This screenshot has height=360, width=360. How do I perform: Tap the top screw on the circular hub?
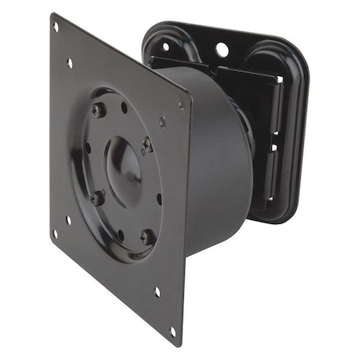coord(98,110)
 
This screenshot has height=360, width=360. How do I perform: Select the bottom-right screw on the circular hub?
coord(146,237)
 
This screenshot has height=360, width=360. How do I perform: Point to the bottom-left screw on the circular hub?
coord(98,197)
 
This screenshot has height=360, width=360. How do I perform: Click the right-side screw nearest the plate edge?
coord(146,146)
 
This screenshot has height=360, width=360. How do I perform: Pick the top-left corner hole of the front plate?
coord(55,26)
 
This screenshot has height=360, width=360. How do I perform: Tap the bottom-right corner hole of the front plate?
coord(172,330)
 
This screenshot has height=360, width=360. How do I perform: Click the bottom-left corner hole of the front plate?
coord(54,234)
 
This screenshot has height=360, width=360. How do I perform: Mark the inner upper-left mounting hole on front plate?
coord(70,62)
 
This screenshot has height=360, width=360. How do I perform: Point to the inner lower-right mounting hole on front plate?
coord(157,292)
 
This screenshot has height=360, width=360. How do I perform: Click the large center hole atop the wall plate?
coord(222,50)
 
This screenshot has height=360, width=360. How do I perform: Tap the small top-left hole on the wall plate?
coord(165,46)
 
